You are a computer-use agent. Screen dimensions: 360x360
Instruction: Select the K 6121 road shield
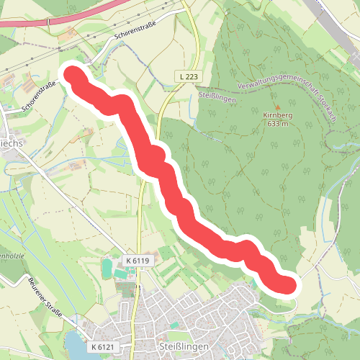click(x=103, y=347)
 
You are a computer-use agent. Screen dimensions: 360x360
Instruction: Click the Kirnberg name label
click(x=277, y=115)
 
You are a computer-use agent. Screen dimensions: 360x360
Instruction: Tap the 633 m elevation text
click(x=277, y=124)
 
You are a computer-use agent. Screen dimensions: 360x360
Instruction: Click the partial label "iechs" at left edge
click(x=10, y=142)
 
